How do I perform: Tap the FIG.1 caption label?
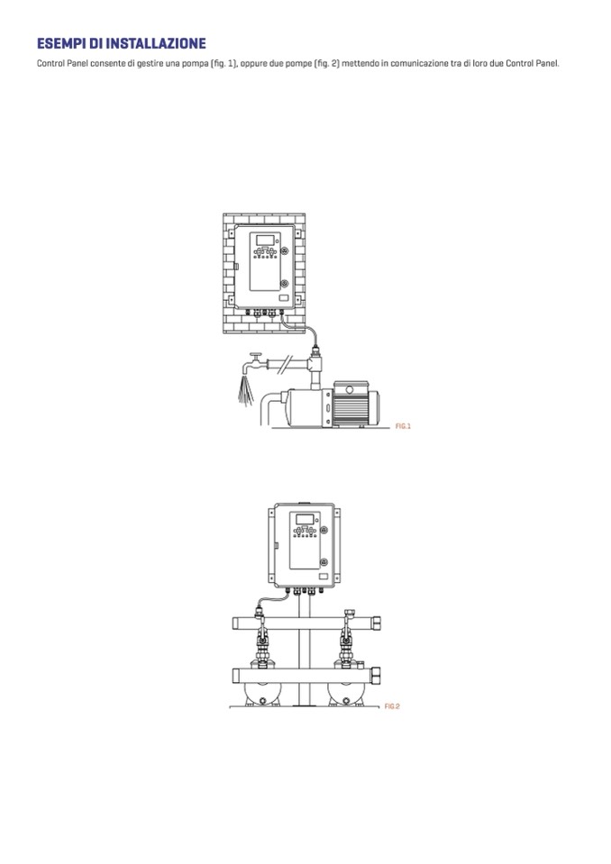(x=404, y=426)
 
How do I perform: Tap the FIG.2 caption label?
(x=392, y=706)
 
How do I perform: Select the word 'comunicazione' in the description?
(x=419, y=63)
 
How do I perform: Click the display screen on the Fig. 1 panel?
(x=266, y=241)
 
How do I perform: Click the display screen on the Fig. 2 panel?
(x=305, y=520)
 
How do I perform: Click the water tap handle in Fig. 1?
(x=255, y=356)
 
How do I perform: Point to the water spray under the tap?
(x=246, y=390)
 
